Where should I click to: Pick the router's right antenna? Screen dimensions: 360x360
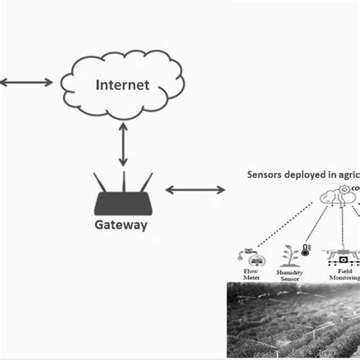pyautogui.click(x=145, y=184)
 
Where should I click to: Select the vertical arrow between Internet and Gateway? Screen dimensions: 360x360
pyautogui.click(x=123, y=147)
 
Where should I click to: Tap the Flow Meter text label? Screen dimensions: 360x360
pyautogui.click(x=250, y=274)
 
